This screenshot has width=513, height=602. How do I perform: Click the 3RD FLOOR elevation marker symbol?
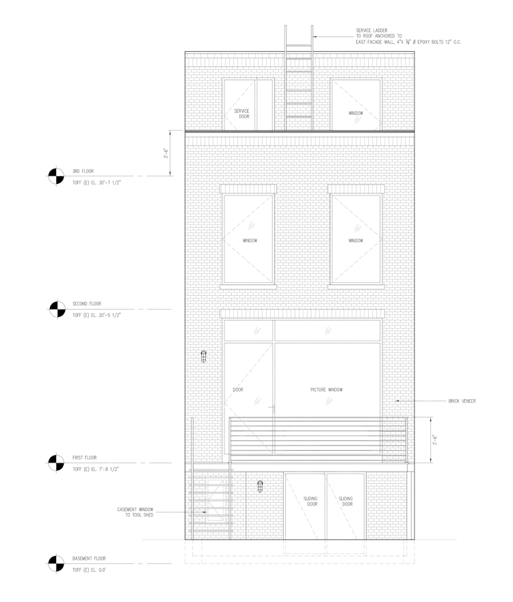point(56,176)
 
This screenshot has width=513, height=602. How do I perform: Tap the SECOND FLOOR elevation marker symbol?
point(57,309)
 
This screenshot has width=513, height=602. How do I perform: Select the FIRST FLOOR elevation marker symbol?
point(56,463)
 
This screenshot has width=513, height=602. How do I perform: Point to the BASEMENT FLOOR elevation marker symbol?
point(56,564)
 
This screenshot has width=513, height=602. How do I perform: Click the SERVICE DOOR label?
point(242,113)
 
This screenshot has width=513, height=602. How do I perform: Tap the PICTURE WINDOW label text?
point(327,389)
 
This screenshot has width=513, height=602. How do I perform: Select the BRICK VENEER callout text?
point(462,401)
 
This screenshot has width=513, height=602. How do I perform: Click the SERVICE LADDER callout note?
point(408,36)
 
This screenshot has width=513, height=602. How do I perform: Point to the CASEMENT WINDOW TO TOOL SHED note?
point(135,512)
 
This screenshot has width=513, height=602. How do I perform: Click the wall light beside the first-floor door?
point(204,357)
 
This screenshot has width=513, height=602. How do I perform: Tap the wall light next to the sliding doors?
point(260,487)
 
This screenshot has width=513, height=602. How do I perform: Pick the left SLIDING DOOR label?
point(311,502)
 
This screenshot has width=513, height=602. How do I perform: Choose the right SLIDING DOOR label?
point(346,502)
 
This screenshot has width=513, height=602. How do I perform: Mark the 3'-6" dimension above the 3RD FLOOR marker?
point(166,153)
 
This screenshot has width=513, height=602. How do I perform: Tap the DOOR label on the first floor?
point(238,389)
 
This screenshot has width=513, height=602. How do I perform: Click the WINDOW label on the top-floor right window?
point(356,113)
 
